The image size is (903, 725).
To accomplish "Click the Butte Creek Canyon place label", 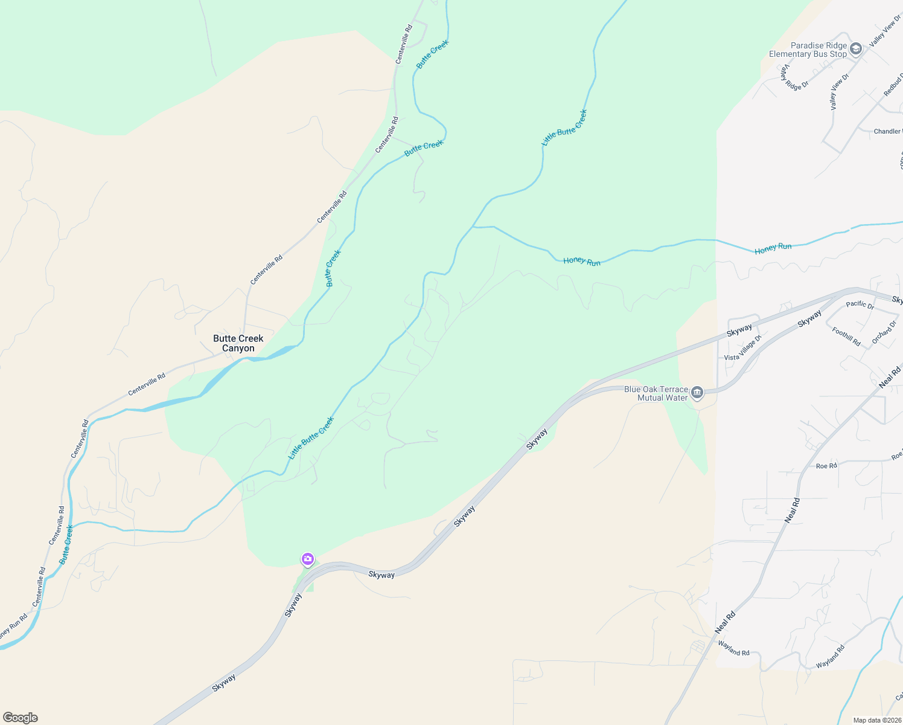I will pos(238,343).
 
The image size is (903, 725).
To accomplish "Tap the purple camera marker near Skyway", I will pos(308,559).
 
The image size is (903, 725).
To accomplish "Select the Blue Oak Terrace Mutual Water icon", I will pos(697,393).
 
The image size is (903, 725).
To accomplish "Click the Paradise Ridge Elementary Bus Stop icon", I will pos(855,49).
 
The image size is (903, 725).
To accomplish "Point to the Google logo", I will pos(21,718).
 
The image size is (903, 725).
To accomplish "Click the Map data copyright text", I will pos(876,720).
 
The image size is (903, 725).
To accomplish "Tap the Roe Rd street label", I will pos(826,466).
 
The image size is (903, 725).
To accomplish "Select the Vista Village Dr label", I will pos(743,349).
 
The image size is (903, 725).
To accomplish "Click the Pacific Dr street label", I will pos(860,305).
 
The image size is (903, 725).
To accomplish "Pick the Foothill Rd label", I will pos(846,336).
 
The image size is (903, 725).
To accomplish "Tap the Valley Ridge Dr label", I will pos(793,78).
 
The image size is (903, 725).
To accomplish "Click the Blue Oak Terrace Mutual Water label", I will pos(656,393).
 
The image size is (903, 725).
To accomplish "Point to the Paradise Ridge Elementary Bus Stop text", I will pos(809,50).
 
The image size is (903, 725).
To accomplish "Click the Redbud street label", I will pos(893,85).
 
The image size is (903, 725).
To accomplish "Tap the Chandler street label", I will pos(887,131).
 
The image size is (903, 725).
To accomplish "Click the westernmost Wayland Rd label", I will pos(733,648).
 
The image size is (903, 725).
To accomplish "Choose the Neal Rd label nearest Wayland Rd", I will pos(725,622).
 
